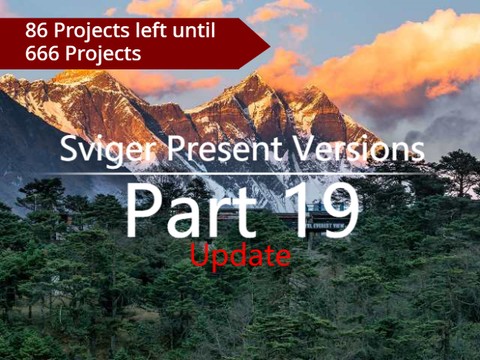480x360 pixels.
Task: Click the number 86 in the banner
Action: tap(37, 30)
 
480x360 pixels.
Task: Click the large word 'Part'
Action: tap(187, 211)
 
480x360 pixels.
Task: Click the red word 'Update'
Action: tap(240, 256)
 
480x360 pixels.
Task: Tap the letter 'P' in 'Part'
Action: tap(143, 211)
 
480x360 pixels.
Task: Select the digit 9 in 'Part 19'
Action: tap(339, 211)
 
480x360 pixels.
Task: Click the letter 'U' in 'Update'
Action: tap(197, 255)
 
